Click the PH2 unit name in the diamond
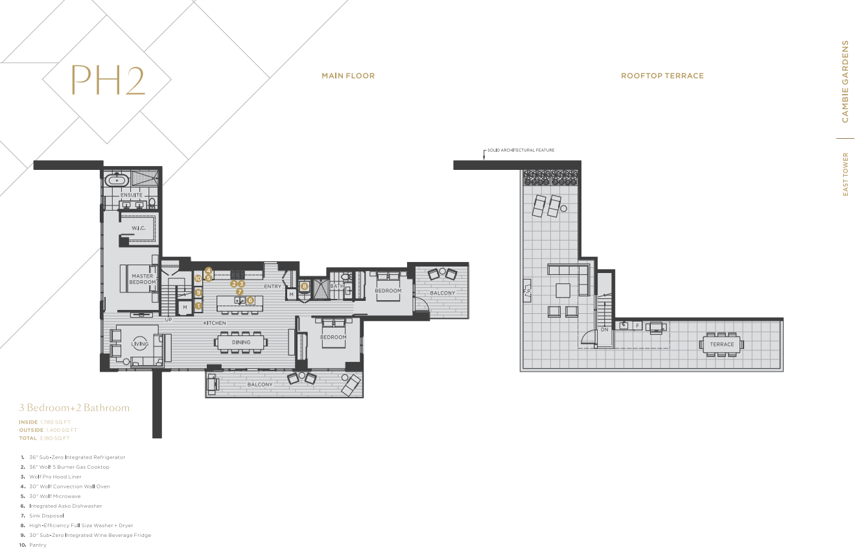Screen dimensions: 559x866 107,80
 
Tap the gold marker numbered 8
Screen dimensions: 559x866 304,286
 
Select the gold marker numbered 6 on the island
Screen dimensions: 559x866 250,300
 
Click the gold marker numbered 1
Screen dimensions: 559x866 198,305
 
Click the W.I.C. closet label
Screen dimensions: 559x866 138,228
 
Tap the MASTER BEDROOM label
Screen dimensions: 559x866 142,279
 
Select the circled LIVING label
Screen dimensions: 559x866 140,344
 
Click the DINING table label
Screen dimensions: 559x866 241,342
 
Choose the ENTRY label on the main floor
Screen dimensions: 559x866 272,287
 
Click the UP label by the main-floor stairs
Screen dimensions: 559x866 169,320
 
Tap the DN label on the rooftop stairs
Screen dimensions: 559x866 604,329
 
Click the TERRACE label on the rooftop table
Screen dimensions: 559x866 721,344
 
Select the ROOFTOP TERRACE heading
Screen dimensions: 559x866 662,76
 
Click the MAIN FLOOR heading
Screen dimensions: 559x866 348,76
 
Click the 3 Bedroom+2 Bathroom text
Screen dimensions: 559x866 75,408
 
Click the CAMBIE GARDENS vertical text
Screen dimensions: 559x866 845,81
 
